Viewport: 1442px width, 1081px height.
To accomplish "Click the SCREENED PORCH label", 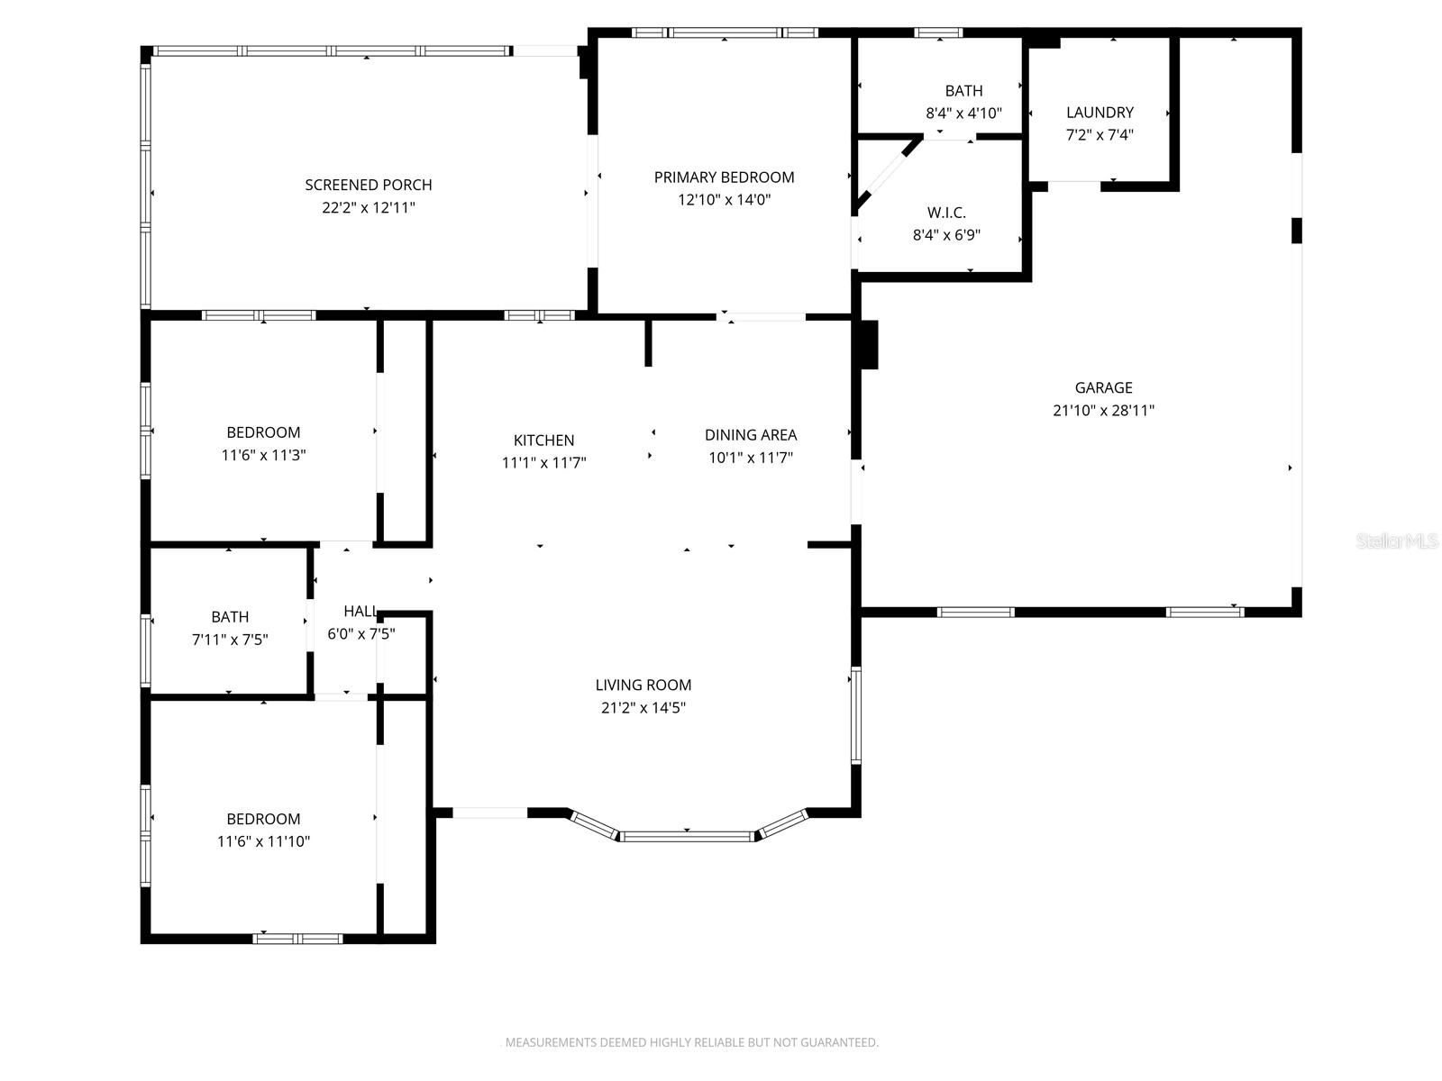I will (368, 185).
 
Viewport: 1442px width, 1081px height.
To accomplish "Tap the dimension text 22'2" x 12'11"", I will (368, 207).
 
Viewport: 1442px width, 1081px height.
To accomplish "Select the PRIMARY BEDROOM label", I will (724, 177).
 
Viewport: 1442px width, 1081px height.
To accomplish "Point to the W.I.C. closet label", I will (946, 213).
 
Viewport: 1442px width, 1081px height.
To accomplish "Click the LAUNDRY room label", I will (1100, 113).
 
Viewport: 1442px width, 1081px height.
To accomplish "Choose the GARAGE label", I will (1103, 387).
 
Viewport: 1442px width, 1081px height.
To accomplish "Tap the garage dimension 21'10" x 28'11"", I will (1103, 411).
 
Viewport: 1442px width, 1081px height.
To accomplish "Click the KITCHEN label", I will (543, 441).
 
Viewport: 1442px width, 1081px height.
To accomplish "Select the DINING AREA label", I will (750, 435).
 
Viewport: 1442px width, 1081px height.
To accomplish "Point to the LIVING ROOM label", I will (643, 685).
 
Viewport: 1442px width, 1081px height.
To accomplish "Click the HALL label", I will (360, 611).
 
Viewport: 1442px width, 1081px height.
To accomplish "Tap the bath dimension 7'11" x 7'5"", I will (230, 640).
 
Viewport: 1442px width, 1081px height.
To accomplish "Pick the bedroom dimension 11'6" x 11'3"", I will (263, 455).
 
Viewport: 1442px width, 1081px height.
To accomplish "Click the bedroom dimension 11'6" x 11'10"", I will (263, 841).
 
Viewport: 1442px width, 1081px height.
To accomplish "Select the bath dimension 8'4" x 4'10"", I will (963, 114).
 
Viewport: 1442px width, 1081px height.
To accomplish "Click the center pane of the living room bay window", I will (687, 837).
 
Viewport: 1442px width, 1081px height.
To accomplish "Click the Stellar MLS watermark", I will (1397, 541).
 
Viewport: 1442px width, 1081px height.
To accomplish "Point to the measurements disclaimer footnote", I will (689, 1042).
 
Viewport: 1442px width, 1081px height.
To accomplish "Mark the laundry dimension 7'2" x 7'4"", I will (1100, 135).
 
